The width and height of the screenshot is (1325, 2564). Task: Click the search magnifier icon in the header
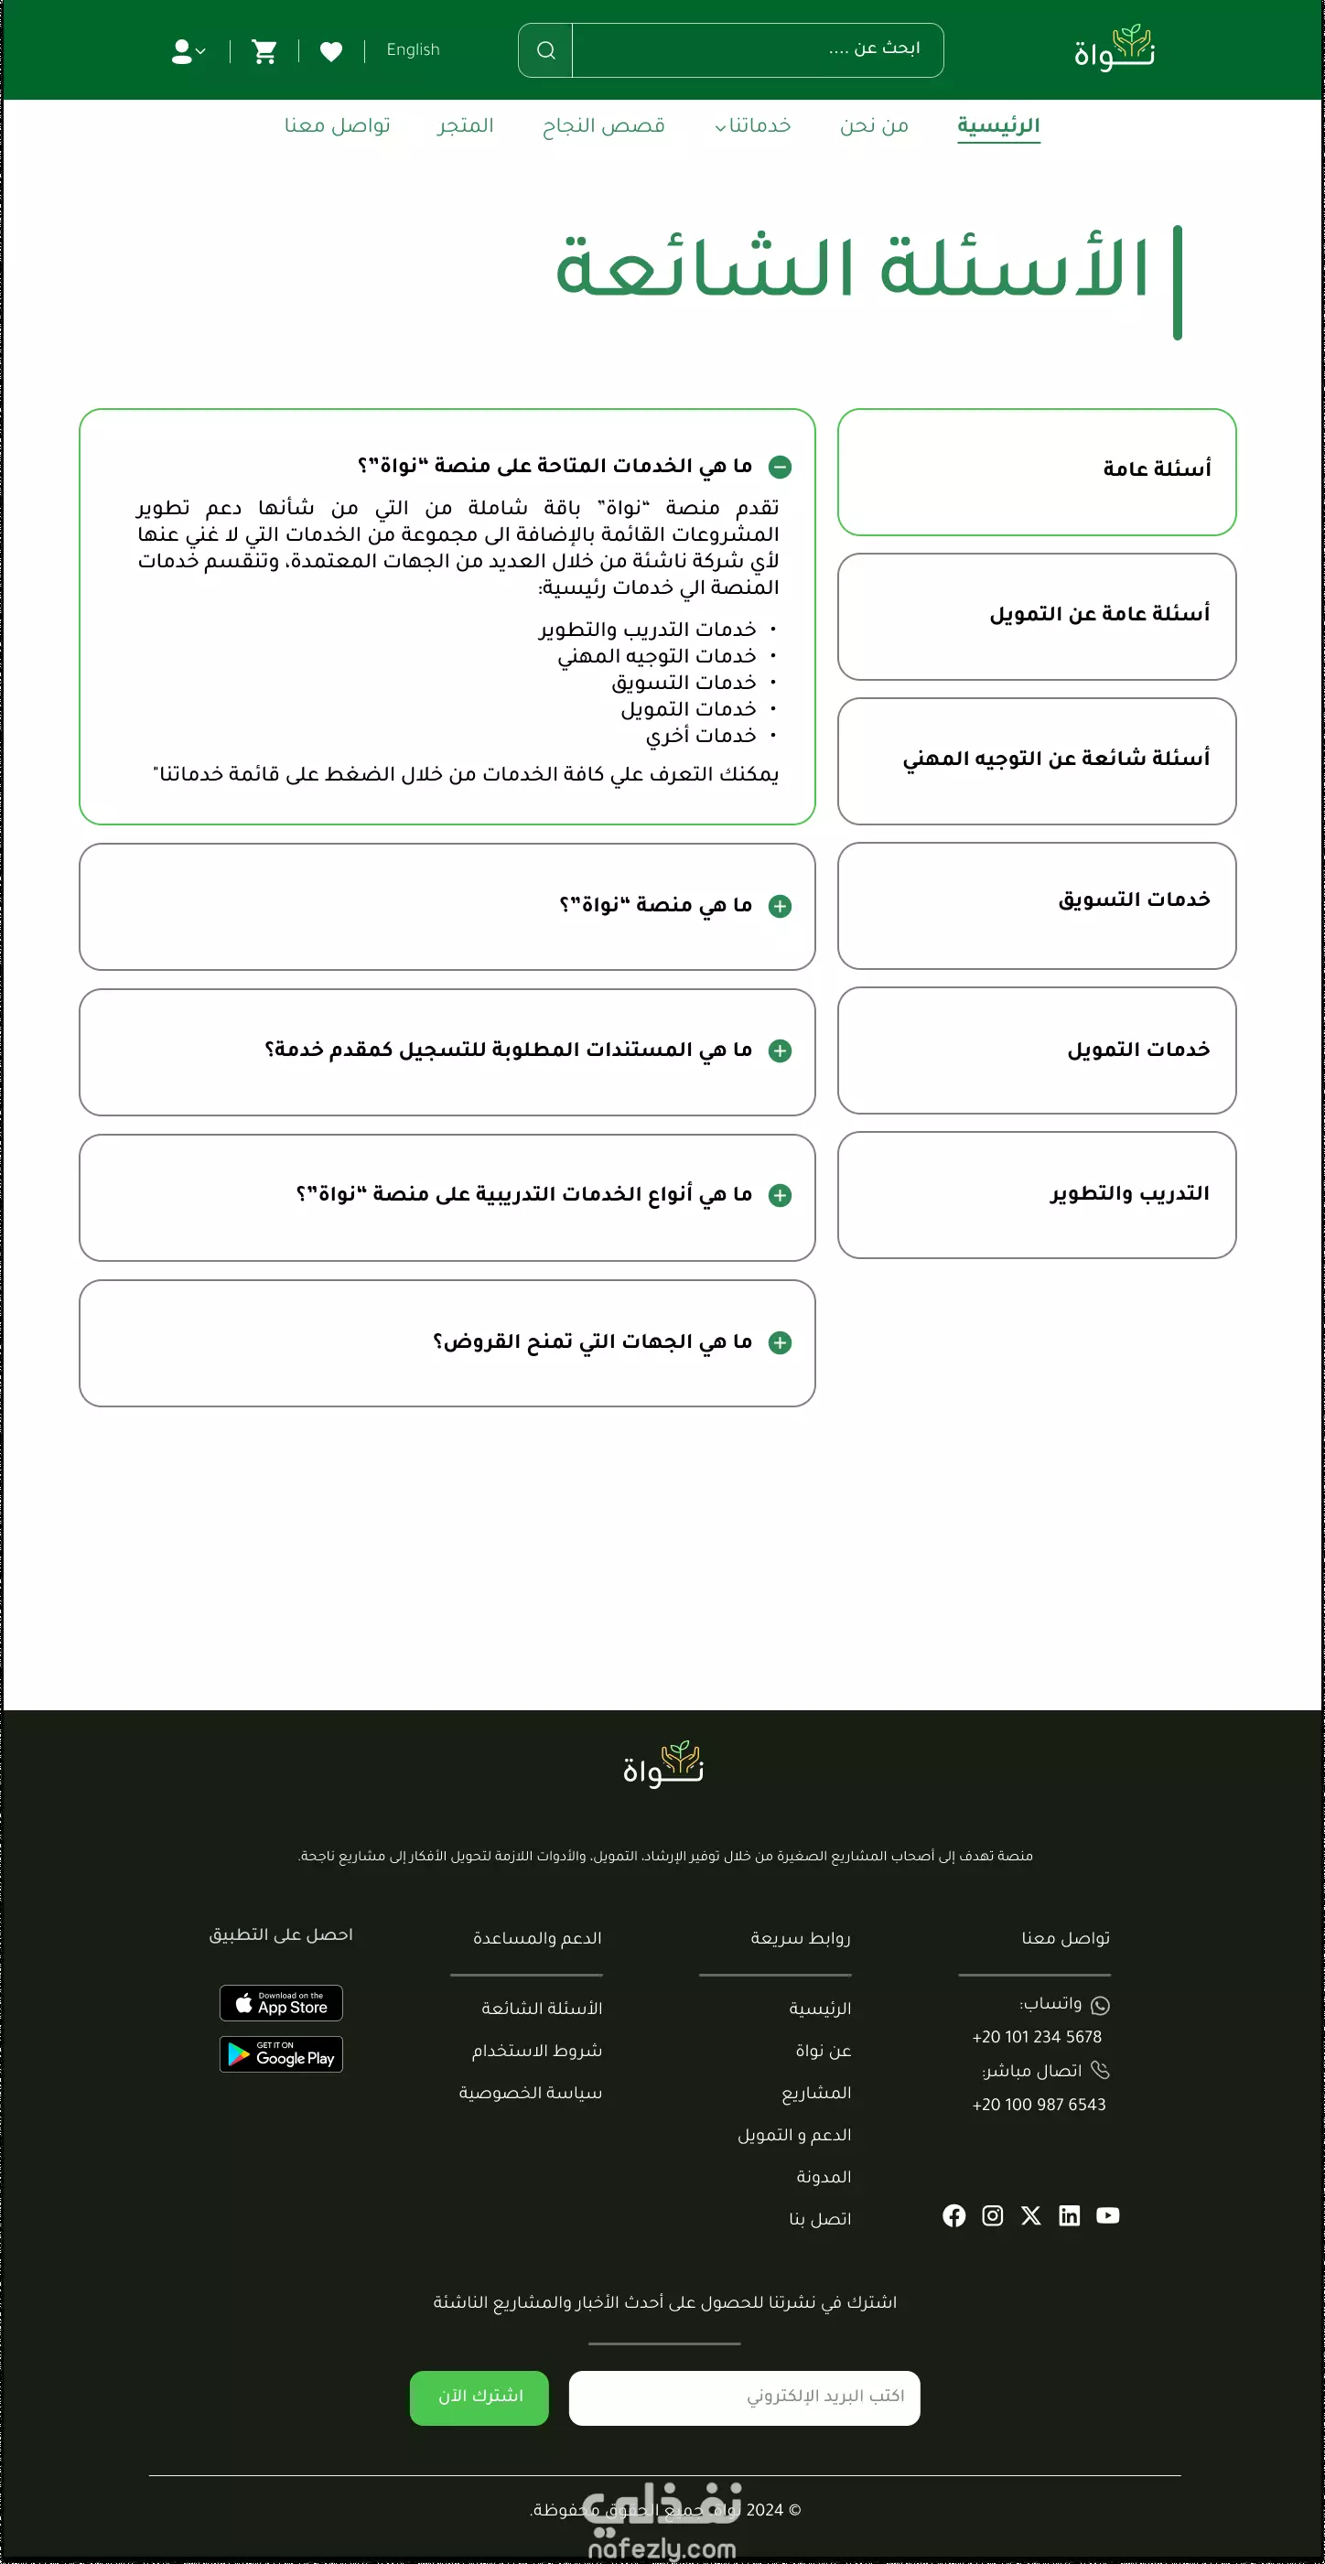pyautogui.click(x=545, y=49)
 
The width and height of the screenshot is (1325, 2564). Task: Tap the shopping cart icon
pyautogui.click(x=264, y=50)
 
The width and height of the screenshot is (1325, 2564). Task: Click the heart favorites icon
pyautogui.click(x=331, y=50)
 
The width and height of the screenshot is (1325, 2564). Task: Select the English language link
pyautogui.click(x=412, y=49)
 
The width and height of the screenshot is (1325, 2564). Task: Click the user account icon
pyautogui.click(x=186, y=50)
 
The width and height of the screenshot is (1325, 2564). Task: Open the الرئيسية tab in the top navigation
pyautogui.click(x=997, y=125)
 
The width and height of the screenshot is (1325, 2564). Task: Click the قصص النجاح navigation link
pyautogui.click(x=603, y=125)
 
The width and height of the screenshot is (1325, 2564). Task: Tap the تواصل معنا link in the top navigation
pyautogui.click(x=338, y=125)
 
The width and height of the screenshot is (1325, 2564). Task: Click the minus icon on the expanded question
pyautogui.click(x=781, y=466)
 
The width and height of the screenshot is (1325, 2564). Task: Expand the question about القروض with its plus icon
pyautogui.click(x=781, y=1341)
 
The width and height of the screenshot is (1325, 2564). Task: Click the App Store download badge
pyautogui.click(x=281, y=2003)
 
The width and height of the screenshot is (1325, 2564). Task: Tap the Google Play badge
pyautogui.click(x=281, y=2053)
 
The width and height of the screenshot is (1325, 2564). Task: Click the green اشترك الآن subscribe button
pyautogui.click(x=479, y=2397)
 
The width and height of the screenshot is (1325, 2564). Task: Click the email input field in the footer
pyautogui.click(x=744, y=2397)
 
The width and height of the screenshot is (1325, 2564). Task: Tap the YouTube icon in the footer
pyautogui.click(x=1107, y=2214)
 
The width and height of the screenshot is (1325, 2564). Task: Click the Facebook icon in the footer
pyautogui.click(x=953, y=2214)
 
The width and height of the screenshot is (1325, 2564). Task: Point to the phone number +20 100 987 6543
pyautogui.click(x=1039, y=2104)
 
